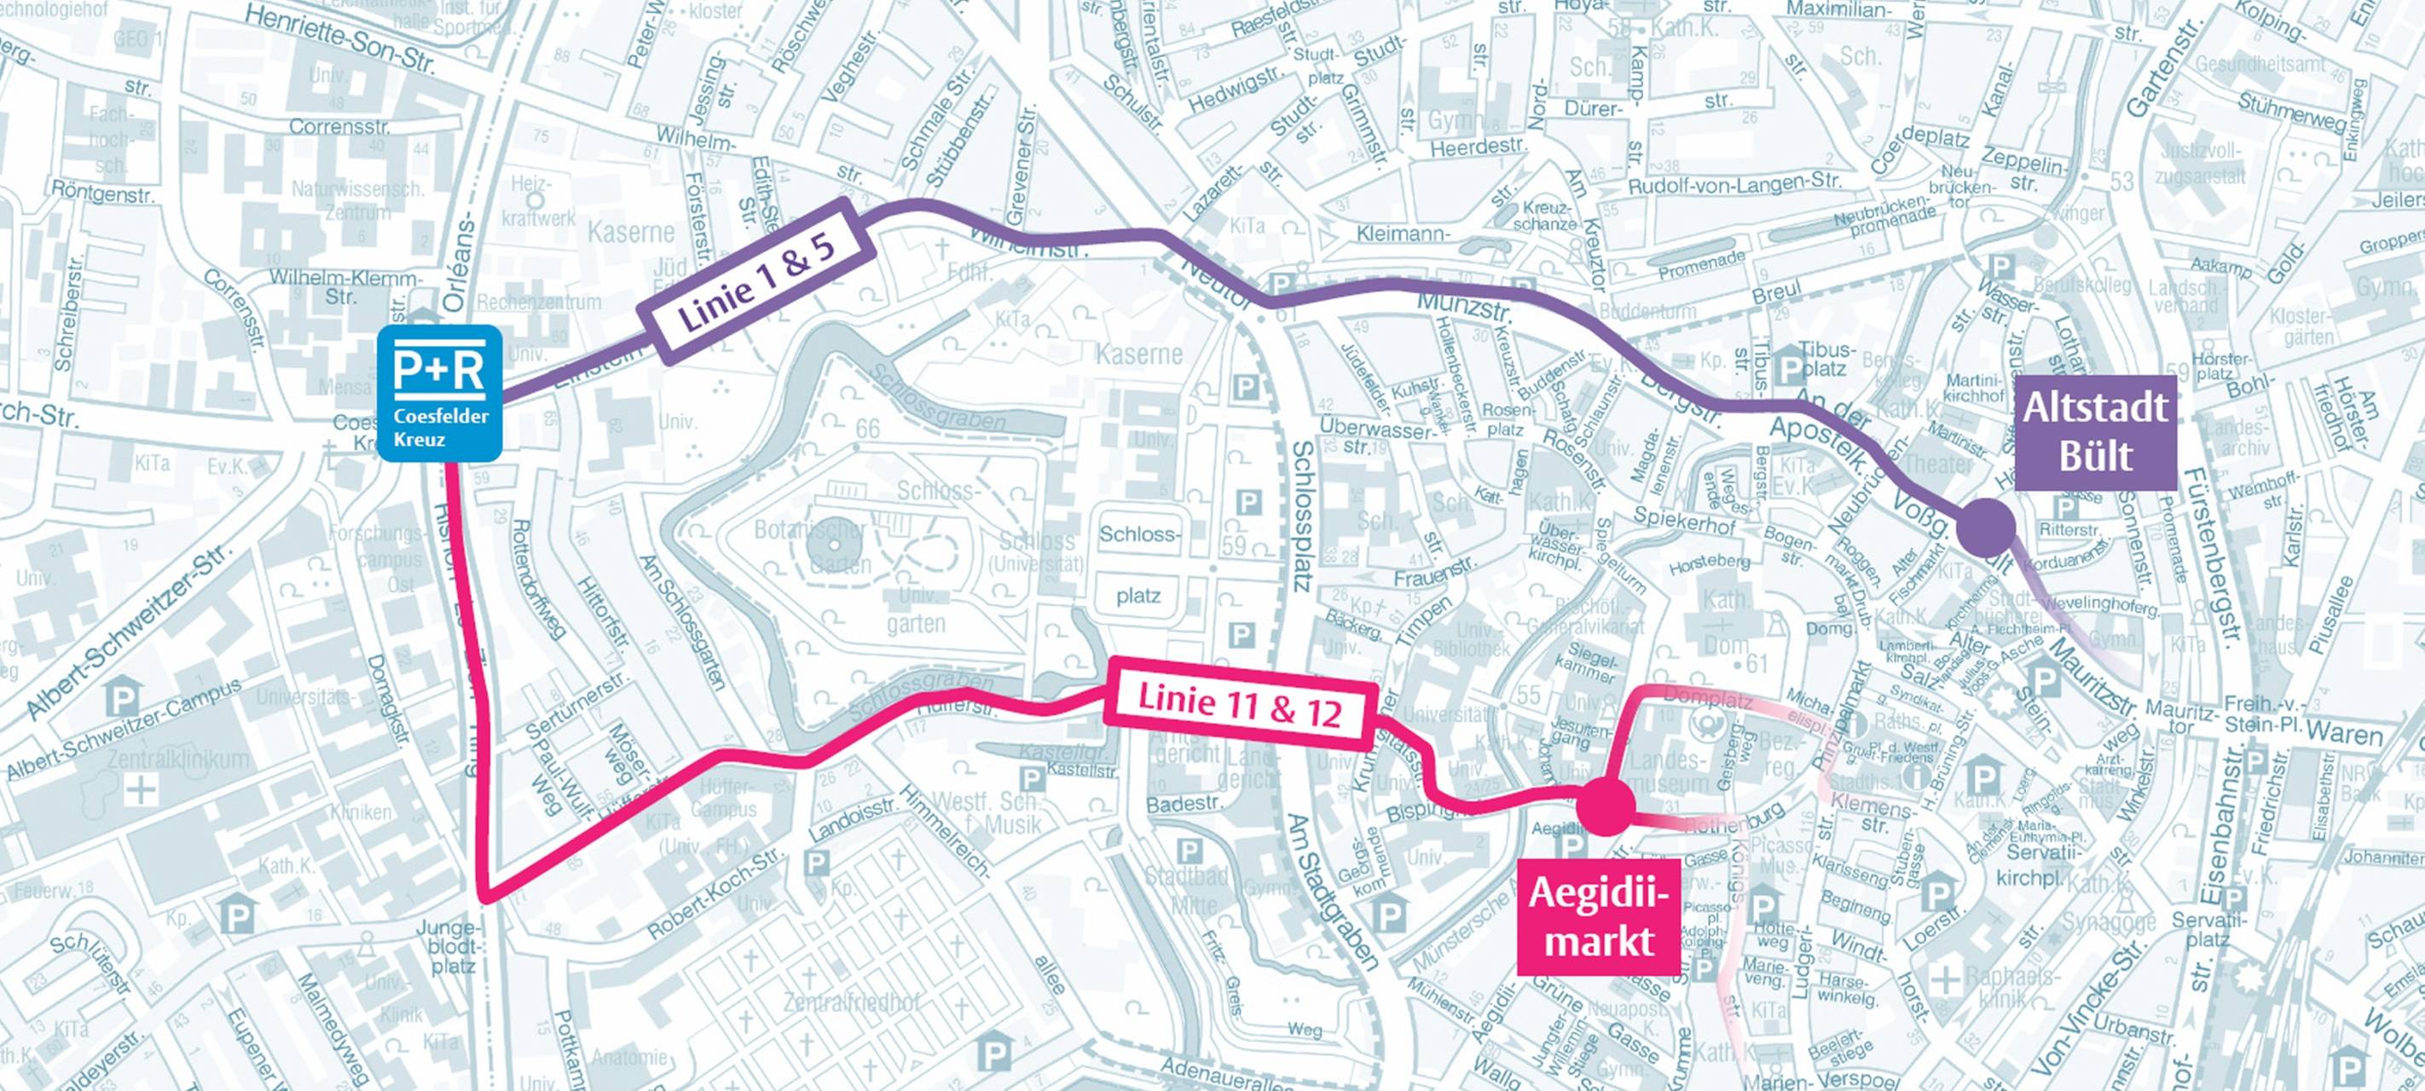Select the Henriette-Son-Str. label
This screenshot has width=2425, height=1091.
[x=343, y=38]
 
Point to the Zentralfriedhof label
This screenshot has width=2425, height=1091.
[x=851, y=1002]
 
